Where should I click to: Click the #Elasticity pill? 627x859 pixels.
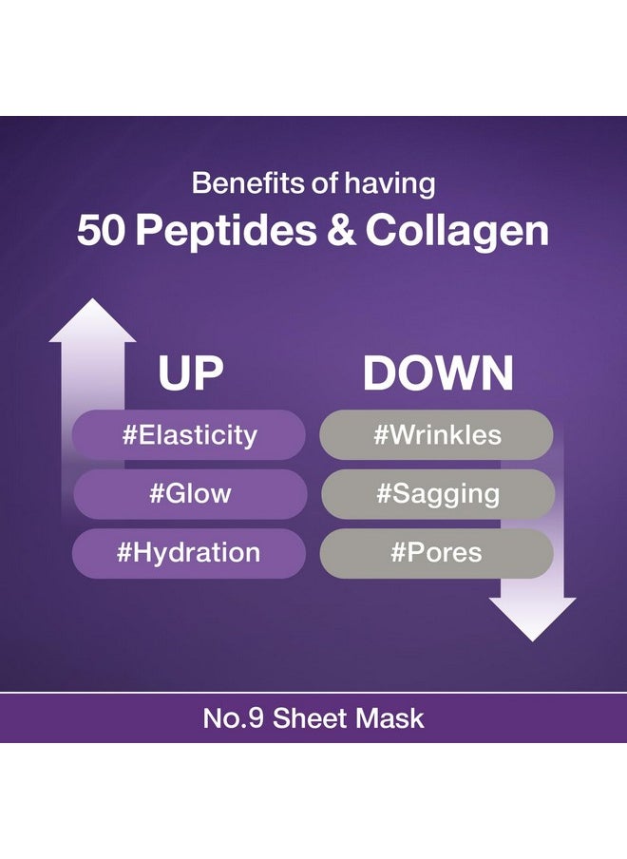189,435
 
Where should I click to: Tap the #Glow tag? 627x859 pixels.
190,493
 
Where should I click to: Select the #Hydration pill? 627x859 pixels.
189,553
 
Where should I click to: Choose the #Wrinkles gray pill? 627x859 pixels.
436,435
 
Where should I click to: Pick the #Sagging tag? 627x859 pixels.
438,493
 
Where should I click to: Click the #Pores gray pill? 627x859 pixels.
436,553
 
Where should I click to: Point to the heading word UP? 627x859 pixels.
191,373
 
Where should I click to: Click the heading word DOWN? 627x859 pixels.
438,373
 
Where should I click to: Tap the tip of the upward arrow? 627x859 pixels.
93,299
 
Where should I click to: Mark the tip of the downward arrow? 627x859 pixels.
532,640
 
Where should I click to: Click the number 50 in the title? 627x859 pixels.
102,230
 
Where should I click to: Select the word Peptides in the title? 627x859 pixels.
226,232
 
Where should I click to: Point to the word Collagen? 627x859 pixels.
457,232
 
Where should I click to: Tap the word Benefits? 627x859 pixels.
249,183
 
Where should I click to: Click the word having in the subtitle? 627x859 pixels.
389,184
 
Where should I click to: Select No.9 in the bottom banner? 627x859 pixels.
234,718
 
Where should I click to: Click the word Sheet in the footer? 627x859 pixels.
310,718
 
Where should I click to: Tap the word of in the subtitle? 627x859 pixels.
325,183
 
